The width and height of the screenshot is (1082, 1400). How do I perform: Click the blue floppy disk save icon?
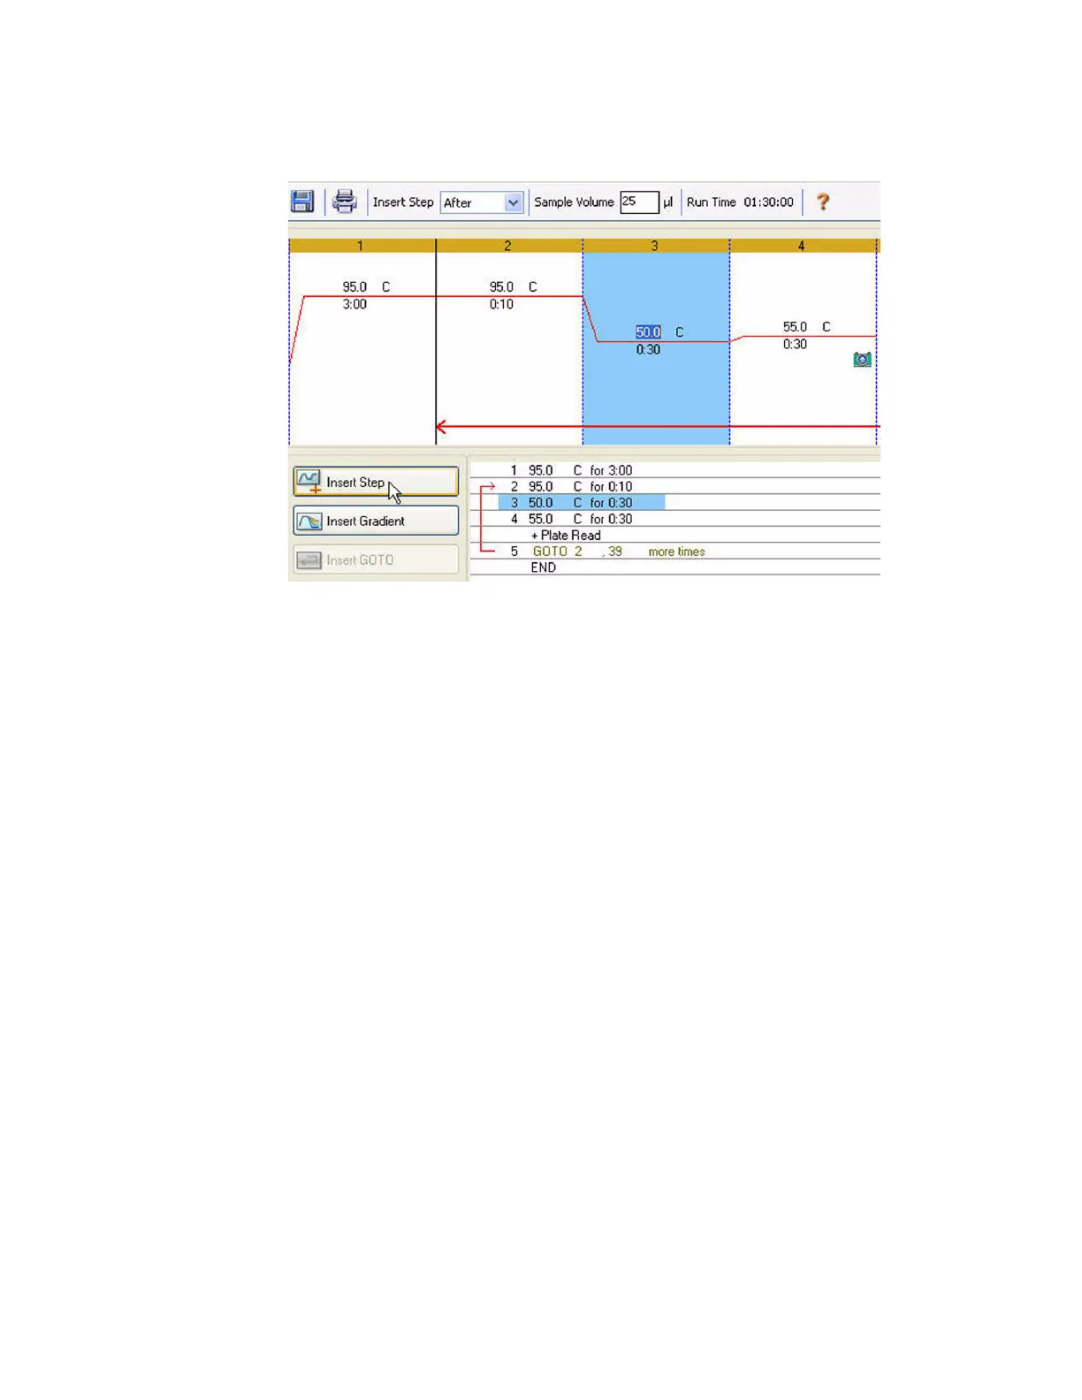[302, 202]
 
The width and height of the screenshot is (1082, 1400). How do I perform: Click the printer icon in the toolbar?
[344, 202]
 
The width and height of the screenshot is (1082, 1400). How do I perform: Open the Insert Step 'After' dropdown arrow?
[513, 202]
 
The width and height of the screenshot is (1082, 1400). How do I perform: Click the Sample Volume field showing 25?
[638, 202]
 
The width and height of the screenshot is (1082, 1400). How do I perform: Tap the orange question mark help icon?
[823, 202]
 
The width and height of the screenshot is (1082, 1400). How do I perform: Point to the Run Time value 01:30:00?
[768, 202]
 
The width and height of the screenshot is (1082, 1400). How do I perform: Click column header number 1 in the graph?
[360, 246]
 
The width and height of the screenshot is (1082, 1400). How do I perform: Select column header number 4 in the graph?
[801, 246]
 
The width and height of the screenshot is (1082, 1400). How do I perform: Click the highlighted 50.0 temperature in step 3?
[648, 332]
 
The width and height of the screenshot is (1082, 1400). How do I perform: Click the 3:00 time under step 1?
[354, 304]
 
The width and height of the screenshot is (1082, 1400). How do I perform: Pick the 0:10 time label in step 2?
[501, 304]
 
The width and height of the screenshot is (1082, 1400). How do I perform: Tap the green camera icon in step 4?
[862, 359]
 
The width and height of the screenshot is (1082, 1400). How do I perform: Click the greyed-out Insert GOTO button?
[376, 560]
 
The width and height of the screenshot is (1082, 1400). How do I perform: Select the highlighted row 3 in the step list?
[581, 503]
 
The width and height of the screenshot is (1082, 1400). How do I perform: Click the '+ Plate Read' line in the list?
[566, 536]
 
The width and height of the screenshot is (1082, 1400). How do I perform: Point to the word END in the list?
[543, 567]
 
